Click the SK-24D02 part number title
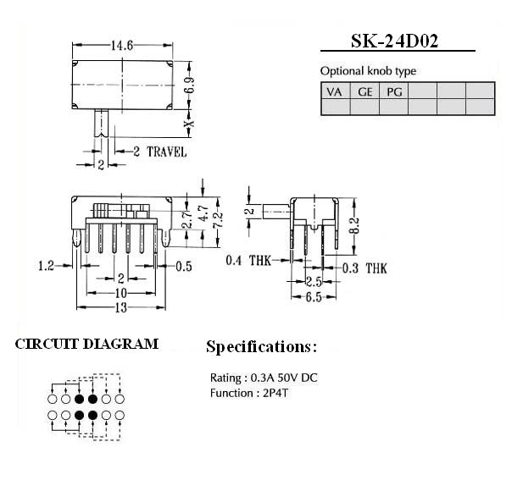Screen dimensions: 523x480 [x=394, y=41]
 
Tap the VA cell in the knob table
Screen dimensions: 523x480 [x=334, y=91]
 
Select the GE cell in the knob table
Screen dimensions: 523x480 [x=364, y=91]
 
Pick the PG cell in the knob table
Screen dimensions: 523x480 [x=394, y=91]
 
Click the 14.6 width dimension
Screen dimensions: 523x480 [x=122, y=46]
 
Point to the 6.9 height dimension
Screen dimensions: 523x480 [x=190, y=86]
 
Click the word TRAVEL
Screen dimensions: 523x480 [x=167, y=152]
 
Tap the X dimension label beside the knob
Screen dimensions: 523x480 [x=190, y=124]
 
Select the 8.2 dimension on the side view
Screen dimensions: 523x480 [x=354, y=225]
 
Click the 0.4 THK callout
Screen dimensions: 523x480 [x=248, y=260]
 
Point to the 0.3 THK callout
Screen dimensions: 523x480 [x=364, y=268]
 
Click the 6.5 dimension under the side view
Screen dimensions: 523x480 [x=314, y=297]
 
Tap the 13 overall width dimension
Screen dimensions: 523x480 [x=121, y=307]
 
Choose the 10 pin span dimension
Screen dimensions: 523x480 [x=120, y=293]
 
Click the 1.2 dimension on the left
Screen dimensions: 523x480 [x=46, y=266]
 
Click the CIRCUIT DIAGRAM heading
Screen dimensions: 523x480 [x=86, y=344]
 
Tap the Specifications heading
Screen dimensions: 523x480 [x=261, y=347]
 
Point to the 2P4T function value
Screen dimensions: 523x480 [x=275, y=394]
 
